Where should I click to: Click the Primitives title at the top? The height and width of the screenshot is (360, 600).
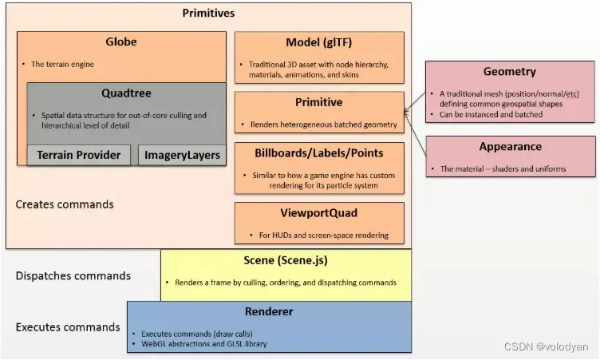click(208, 13)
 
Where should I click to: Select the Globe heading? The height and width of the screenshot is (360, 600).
click(121, 42)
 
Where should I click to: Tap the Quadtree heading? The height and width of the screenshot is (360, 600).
click(126, 93)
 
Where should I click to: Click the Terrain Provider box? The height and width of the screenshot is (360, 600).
click(78, 155)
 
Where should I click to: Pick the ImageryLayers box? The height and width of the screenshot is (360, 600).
click(182, 155)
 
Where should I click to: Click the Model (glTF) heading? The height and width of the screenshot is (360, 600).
click(319, 42)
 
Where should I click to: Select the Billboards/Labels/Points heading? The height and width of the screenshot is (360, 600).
click(319, 152)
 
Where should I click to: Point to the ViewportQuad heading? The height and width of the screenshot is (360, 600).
click(319, 212)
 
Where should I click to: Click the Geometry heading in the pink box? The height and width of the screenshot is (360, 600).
click(510, 72)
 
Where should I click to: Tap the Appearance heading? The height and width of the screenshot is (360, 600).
click(510, 147)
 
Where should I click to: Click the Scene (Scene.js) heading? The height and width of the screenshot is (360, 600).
click(286, 260)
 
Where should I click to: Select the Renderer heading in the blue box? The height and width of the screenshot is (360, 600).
click(268, 311)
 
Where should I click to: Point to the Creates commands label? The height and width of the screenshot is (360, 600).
click(65, 204)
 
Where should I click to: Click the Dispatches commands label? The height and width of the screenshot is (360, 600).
click(73, 276)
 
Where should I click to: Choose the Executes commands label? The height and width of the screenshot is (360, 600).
click(68, 327)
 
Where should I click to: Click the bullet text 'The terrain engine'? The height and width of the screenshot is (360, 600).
click(63, 64)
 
